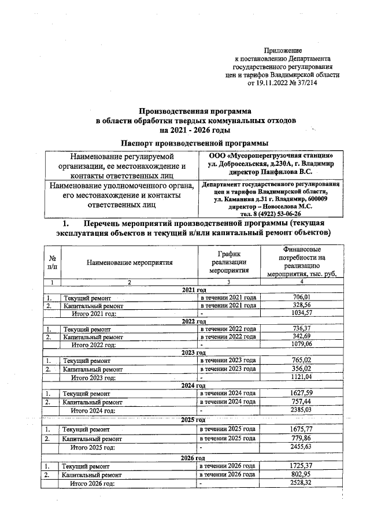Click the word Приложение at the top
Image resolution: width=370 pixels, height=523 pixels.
coord(282,51)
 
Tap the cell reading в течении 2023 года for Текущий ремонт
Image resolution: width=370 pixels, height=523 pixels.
coord(227,360)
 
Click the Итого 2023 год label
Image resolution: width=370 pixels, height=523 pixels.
coord(93,377)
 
